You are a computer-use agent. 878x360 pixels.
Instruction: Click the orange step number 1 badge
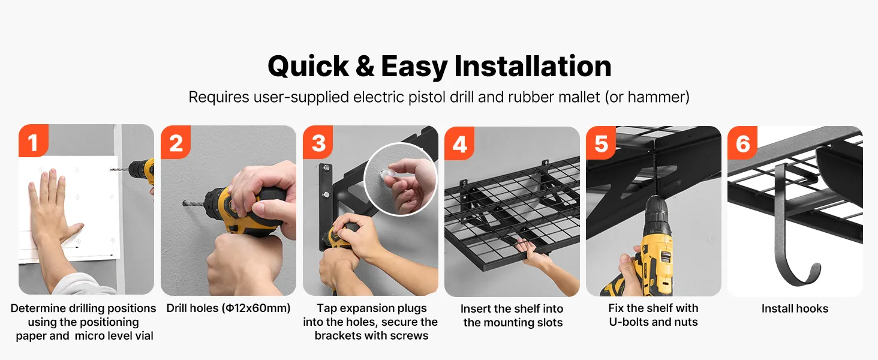click(x=34, y=141)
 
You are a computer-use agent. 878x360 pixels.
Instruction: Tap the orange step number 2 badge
click(x=176, y=142)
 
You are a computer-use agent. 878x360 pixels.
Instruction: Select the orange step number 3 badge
click(x=318, y=142)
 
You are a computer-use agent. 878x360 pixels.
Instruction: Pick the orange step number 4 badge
click(x=459, y=143)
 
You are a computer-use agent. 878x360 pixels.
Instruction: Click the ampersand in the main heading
click(x=365, y=66)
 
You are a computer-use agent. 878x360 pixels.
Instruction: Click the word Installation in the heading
click(x=533, y=66)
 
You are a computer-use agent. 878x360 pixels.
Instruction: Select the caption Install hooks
click(x=795, y=308)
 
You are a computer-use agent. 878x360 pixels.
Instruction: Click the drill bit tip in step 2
click(x=184, y=203)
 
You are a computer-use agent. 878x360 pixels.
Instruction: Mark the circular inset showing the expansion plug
click(x=400, y=179)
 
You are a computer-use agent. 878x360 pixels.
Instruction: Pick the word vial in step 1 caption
click(x=143, y=335)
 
